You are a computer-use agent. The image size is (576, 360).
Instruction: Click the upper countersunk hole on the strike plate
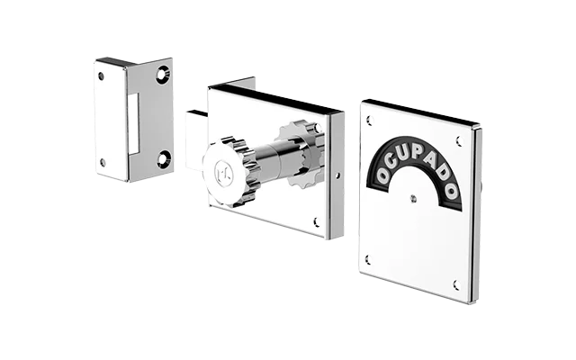pyautogui.click(x=163, y=74)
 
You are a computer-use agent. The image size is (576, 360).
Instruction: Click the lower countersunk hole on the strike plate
pyautogui.click(x=163, y=158)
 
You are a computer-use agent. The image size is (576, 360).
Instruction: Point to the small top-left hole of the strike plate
pyautogui.click(x=101, y=76)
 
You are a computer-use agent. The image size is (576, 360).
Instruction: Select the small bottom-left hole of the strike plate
pyautogui.click(x=103, y=162)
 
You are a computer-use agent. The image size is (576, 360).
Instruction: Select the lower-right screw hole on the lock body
pyautogui.click(x=316, y=221)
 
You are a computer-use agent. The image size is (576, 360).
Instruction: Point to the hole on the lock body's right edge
pyautogui.click(x=338, y=176)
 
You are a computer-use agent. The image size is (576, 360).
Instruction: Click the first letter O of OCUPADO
pyautogui.click(x=383, y=175)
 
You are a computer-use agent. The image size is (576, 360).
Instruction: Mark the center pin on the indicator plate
pyautogui.click(x=414, y=199)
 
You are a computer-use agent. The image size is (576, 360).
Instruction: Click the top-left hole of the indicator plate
pyautogui.click(x=370, y=120)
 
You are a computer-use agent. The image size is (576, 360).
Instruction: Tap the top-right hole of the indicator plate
pyautogui.click(x=459, y=141)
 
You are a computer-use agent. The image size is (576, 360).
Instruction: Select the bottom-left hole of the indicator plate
pyautogui.click(x=368, y=260)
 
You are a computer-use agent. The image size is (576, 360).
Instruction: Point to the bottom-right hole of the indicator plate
pyautogui.click(x=456, y=284)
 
